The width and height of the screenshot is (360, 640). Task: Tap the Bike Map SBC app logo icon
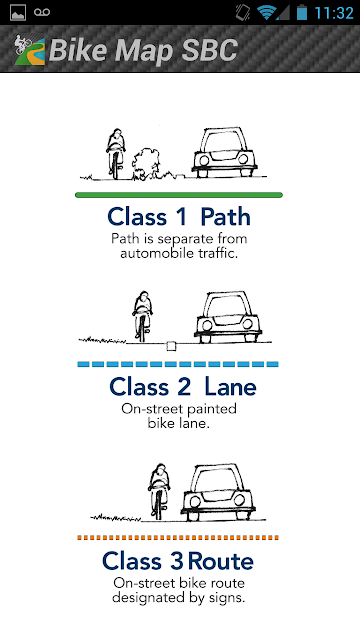click(x=29, y=50)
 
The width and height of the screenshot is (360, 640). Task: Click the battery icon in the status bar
click(x=302, y=12)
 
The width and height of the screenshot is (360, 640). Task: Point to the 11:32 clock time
click(x=333, y=13)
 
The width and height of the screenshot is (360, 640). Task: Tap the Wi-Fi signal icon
click(x=266, y=12)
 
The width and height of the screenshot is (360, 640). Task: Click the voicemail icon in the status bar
click(x=42, y=12)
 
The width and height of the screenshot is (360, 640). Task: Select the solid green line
click(x=179, y=195)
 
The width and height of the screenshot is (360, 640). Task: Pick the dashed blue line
click(x=178, y=364)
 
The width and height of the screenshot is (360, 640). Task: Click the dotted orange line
click(x=178, y=538)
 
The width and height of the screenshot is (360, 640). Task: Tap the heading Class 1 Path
click(x=179, y=217)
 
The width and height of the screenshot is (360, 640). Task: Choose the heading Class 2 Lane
click(x=182, y=387)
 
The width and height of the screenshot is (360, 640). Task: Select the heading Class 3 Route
click(x=178, y=561)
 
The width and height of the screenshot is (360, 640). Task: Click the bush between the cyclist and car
click(x=145, y=164)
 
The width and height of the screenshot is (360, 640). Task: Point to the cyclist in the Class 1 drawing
click(x=116, y=153)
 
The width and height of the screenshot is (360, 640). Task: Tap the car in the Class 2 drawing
click(x=228, y=317)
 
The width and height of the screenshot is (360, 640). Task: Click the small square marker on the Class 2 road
click(x=171, y=346)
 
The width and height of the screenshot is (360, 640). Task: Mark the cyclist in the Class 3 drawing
click(x=159, y=491)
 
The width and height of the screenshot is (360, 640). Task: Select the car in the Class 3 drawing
click(x=218, y=492)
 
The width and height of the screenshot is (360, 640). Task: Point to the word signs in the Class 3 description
click(x=226, y=598)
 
